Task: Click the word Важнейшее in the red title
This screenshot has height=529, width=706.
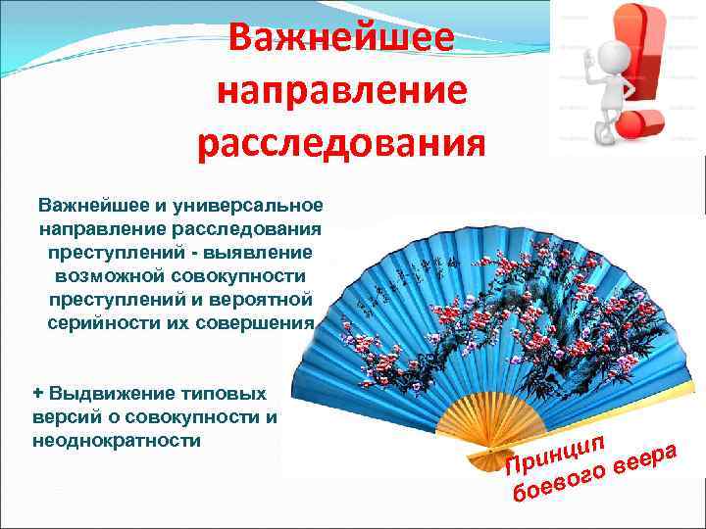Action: click(340, 38)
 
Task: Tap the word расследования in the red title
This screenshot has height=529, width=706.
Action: click(340, 144)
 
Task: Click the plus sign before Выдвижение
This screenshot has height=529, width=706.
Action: click(38, 393)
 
